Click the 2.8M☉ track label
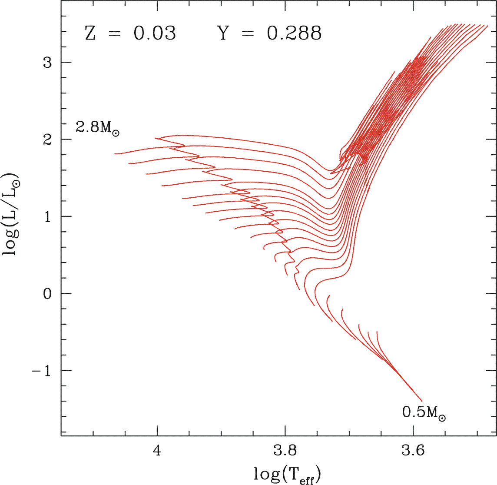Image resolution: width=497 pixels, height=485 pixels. (x=98, y=128)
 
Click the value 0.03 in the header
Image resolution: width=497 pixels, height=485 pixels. (x=155, y=33)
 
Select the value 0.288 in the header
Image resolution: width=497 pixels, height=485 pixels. (x=294, y=33)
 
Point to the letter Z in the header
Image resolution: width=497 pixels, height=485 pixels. (x=90, y=33)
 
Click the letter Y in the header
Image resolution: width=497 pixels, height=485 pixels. (x=222, y=33)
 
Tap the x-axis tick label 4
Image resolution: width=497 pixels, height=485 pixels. (x=157, y=451)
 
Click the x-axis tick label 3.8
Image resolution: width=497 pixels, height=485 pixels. (x=285, y=451)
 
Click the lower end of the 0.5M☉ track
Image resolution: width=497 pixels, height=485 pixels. (x=421, y=400)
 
